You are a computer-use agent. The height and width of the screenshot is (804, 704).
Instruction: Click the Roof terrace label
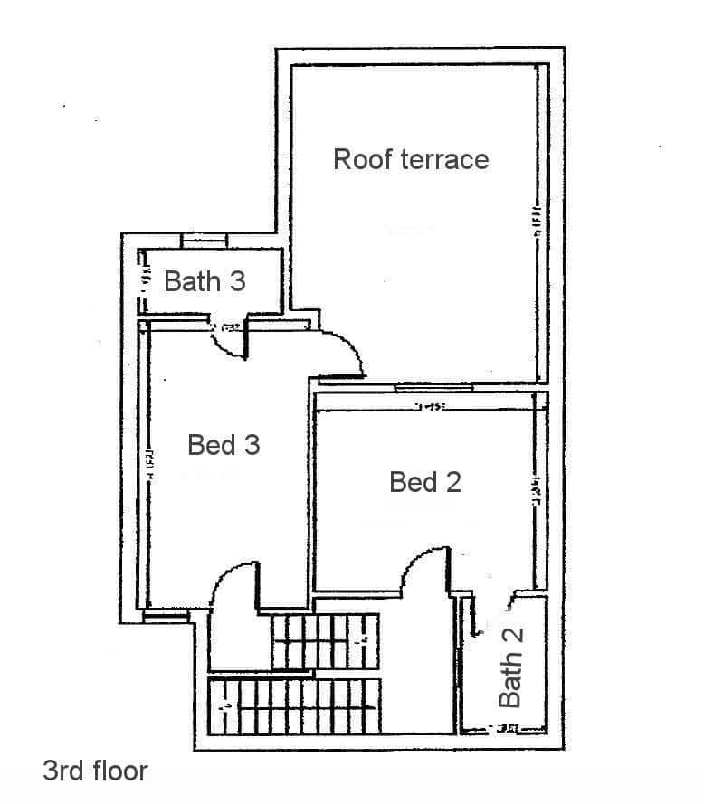click(x=411, y=159)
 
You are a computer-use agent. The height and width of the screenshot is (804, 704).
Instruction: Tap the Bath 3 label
click(x=205, y=281)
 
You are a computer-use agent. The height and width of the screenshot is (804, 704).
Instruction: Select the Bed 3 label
click(x=224, y=445)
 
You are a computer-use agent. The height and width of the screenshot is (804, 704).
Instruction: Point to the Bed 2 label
click(x=425, y=482)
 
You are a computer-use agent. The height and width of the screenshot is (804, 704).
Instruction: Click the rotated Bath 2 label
click(x=511, y=667)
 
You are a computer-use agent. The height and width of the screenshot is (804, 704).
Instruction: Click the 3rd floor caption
click(x=95, y=771)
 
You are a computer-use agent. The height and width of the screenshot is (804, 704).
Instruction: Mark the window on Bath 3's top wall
click(x=204, y=240)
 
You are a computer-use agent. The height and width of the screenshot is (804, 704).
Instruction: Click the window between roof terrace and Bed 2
click(x=434, y=388)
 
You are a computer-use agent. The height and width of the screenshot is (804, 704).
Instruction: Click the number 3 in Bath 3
click(x=235, y=281)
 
